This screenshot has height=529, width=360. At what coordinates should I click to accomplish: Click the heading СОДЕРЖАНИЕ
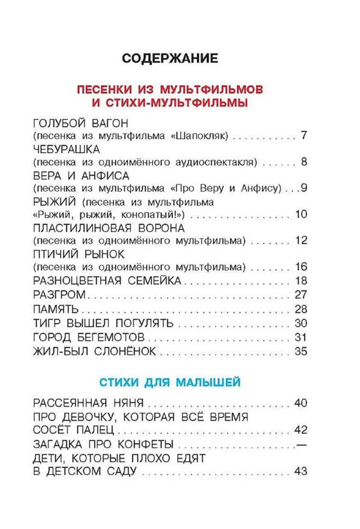(170, 58)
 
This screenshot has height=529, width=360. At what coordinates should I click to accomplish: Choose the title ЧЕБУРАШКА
(66, 149)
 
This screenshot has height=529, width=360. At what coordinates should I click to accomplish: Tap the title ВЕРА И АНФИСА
(78, 175)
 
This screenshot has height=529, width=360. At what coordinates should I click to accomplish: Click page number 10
(301, 214)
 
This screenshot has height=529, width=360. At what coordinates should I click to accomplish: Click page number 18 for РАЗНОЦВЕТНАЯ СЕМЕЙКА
(301, 280)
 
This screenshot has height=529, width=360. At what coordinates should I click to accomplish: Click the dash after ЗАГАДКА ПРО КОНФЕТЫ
(301, 444)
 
